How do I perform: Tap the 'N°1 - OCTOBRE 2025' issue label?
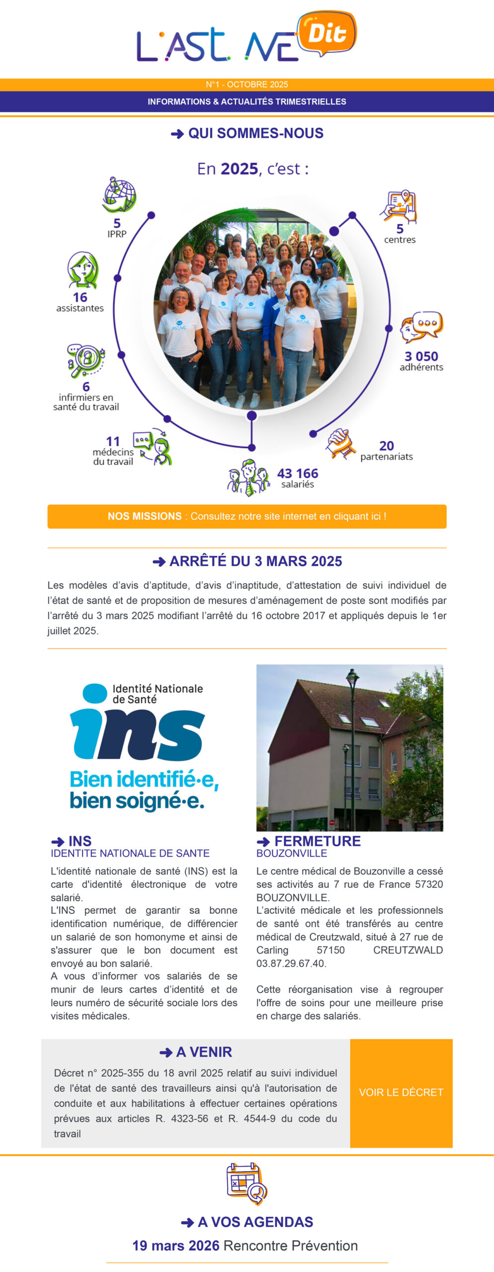click(x=247, y=84)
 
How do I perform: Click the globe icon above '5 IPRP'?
click(x=119, y=194)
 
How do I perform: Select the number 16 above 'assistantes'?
click(x=80, y=297)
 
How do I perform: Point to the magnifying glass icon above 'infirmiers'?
click(x=85, y=360)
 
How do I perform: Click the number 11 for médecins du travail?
click(x=113, y=441)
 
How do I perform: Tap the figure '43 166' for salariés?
click(x=297, y=473)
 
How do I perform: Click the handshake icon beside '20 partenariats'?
click(x=340, y=444)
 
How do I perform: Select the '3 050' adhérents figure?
click(x=421, y=356)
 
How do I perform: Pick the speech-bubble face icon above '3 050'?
click(x=421, y=326)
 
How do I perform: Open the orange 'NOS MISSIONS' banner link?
click(x=247, y=516)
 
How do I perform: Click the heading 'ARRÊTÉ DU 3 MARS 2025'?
click(x=255, y=561)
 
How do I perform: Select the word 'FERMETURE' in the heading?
click(x=318, y=841)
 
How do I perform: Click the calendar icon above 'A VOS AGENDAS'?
click(x=247, y=1184)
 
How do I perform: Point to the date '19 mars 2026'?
click(x=175, y=1246)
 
